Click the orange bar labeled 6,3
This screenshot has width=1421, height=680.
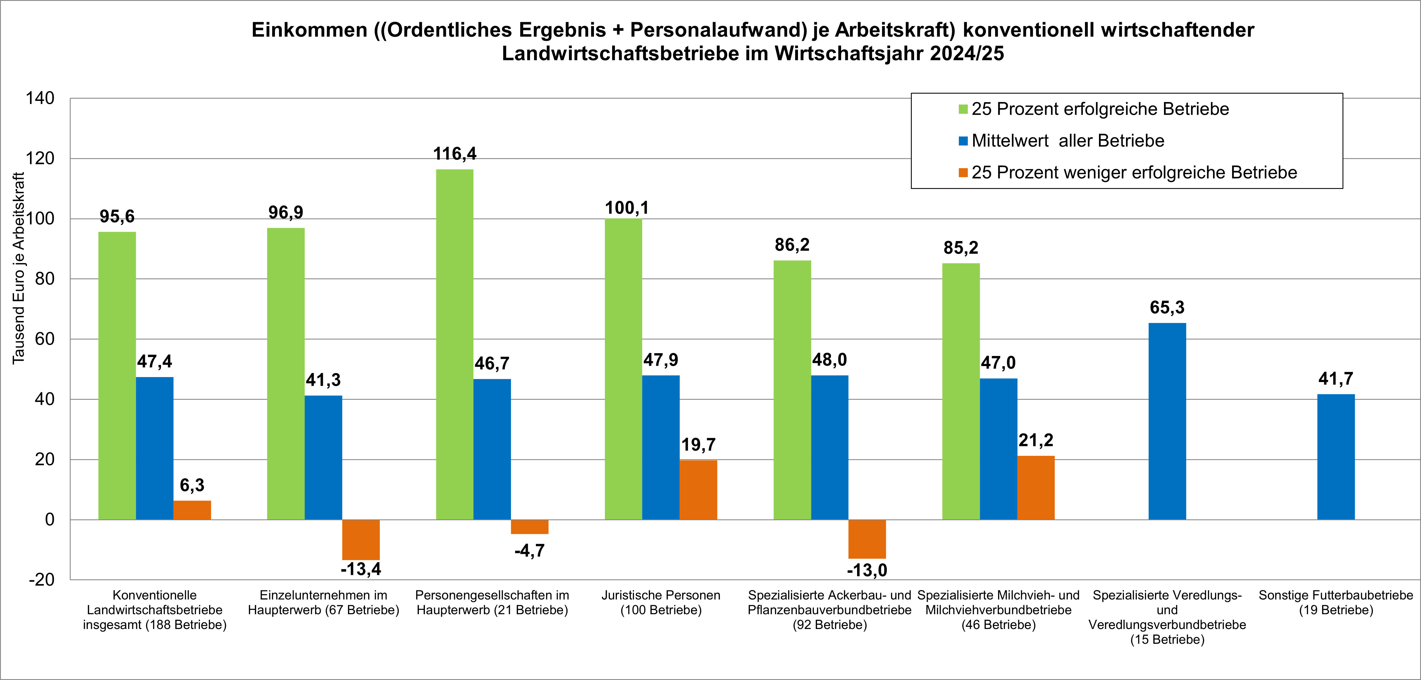[x=192, y=510]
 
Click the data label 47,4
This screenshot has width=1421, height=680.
[x=154, y=362]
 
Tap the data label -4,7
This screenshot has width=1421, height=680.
[x=529, y=551]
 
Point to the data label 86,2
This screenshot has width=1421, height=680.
[x=792, y=245]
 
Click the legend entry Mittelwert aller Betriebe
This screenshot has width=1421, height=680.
[x=1067, y=141]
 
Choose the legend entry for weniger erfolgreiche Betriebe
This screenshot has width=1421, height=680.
[x=1134, y=173]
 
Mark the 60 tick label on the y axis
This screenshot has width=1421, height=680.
[x=44, y=339]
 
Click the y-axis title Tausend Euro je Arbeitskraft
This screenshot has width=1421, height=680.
[x=19, y=268]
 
